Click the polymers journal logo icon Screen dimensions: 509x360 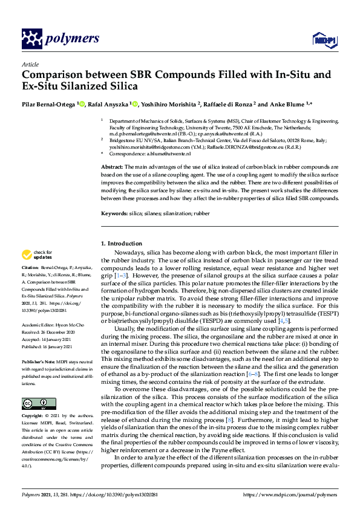pos(31,39)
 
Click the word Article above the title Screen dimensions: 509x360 pos(30,65)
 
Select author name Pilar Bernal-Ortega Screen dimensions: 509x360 pos(48,104)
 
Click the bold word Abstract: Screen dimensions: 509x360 pos(111,166)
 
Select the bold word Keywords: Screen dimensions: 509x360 pos(114,214)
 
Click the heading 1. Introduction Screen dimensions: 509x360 pos(121,244)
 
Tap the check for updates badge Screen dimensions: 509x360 pos(37,255)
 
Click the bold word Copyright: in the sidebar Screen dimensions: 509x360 pos(33,416)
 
